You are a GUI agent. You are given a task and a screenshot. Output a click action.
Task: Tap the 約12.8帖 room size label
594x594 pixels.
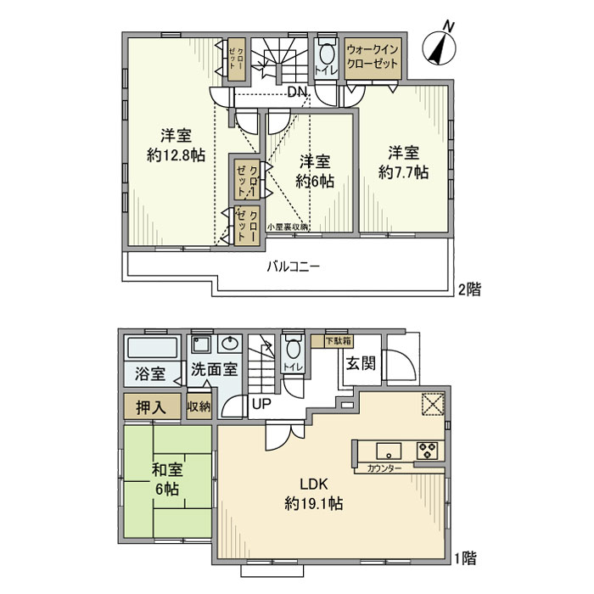(x=176, y=155)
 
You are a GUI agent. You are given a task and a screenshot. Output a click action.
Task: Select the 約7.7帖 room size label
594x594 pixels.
(x=403, y=172)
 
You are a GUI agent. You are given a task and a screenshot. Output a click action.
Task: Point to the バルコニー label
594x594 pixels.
(x=294, y=266)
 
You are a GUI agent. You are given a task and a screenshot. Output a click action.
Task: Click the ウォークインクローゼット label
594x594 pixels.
(x=373, y=59)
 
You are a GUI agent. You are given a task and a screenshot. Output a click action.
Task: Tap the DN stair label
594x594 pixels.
(x=296, y=92)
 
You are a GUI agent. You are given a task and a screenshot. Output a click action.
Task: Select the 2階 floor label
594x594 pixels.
(x=468, y=289)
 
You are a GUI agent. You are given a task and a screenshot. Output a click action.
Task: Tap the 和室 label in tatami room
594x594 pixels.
(x=166, y=470)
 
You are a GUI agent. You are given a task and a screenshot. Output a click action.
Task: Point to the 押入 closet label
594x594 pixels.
(x=153, y=407)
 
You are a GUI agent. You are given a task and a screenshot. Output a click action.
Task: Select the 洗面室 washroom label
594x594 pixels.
(x=213, y=371)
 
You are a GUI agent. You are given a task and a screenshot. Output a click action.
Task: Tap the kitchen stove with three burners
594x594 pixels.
(x=426, y=450)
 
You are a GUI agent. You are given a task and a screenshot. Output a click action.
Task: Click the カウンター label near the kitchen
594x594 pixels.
(x=384, y=468)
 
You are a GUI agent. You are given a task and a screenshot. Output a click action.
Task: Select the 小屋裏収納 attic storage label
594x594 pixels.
(x=288, y=227)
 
